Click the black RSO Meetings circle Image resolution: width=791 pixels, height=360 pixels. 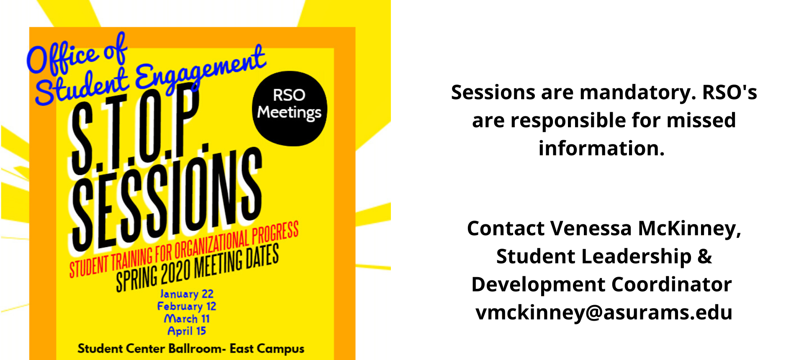289,108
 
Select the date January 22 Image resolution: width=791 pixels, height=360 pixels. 187,294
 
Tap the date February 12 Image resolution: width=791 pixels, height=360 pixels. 187,306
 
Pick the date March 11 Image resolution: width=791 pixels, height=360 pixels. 187,319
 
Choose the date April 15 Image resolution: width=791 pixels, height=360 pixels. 187,331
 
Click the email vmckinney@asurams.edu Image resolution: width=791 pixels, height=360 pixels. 604,312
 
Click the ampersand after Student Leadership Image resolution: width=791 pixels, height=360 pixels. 705,256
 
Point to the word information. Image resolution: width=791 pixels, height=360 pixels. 601,148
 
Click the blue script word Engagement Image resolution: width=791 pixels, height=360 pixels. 200,69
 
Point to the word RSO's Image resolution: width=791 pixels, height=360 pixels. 729,93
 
